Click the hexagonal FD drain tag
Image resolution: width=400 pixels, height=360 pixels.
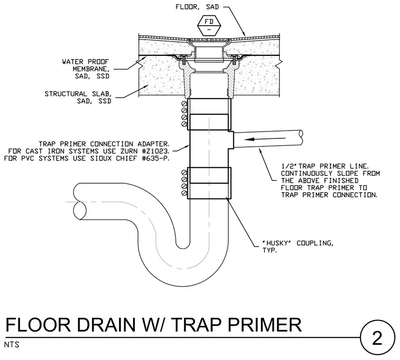pyautogui.click(x=209, y=25)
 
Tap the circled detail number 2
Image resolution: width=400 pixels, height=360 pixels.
pyautogui.click(x=377, y=338)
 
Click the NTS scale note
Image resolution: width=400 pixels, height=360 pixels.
pyautogui.click(x=12, y=345)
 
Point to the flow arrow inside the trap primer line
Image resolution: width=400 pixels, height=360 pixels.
pyautogui.click(x=265, y=139)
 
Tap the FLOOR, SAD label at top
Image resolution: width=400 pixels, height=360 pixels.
pyautogui.click(x=197, y=7)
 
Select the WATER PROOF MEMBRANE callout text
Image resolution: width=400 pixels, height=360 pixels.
pyautogui.click(x=86, y=69)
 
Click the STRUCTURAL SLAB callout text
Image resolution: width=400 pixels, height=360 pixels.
pyautogui.click(x=78, y=97)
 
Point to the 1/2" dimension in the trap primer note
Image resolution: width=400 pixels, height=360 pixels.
pyautogui.click(x=289, y=166)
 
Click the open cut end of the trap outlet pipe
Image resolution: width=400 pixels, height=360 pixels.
pyautogui.click(x=79, y=210)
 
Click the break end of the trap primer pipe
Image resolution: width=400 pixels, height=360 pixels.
pyautogui.click(x=301, y=137)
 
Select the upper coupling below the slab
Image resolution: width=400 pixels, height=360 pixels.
pyautogui.click(x=209, y=114)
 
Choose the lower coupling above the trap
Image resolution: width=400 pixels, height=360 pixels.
pyautogui.click(x=209, y=183)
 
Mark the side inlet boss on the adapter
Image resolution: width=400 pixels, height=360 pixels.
pyautogui.click(x=231, y=140)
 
